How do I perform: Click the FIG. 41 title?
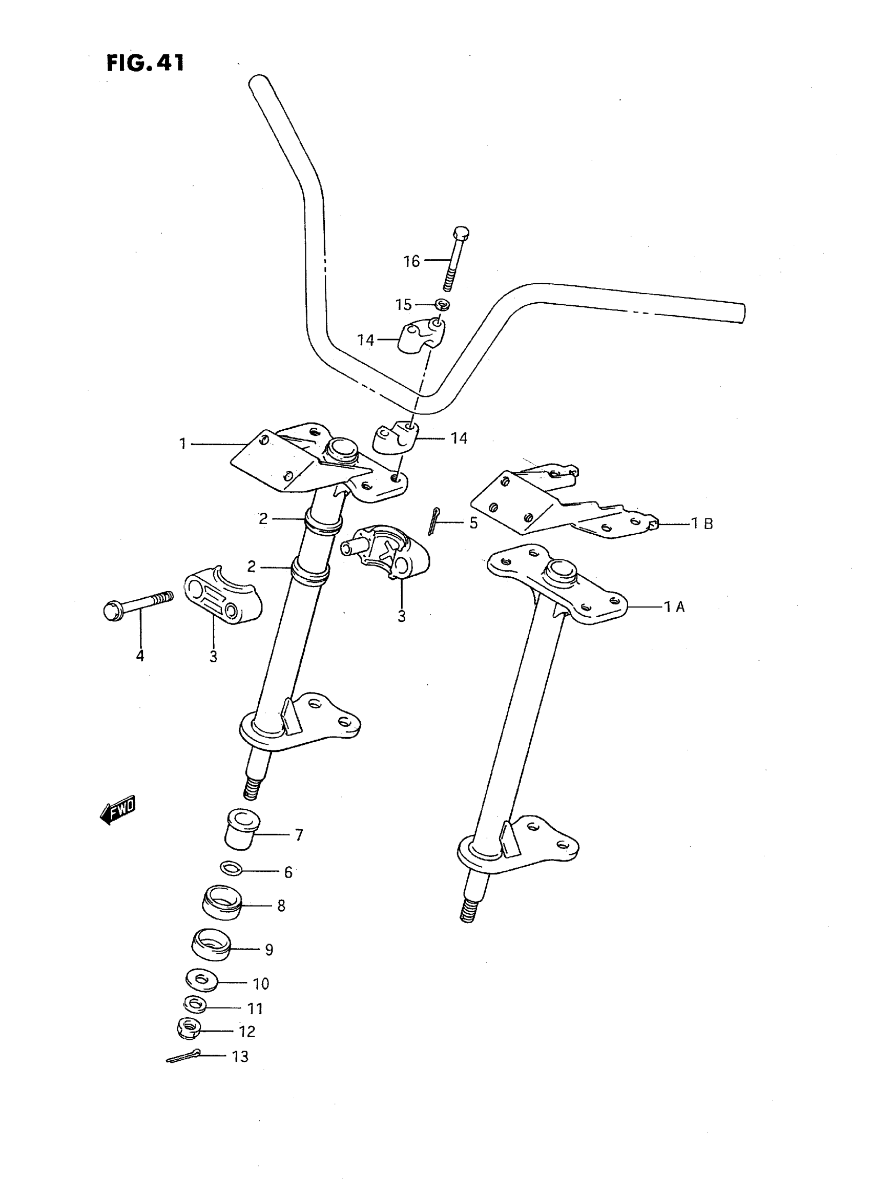146,63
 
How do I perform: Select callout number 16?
411,261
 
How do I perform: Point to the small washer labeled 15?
442,304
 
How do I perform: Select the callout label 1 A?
674,607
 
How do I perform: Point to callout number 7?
298,835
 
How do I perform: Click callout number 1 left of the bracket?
183,444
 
